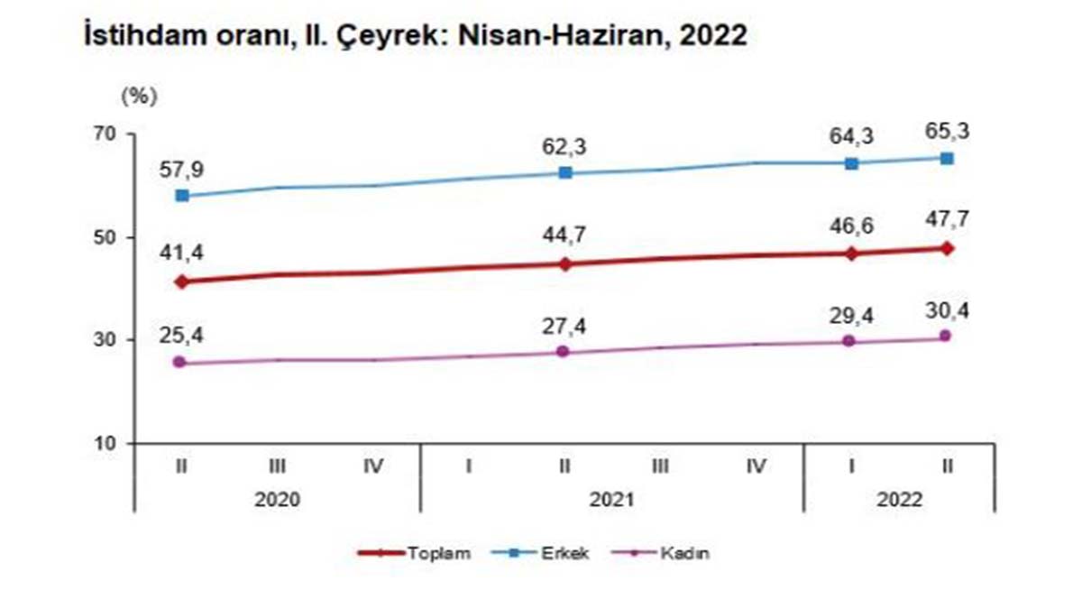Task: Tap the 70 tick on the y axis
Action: click(107, 134)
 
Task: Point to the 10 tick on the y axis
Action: click(108, 443)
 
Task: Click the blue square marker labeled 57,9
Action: click(182, 195)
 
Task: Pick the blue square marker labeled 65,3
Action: click(946, 158)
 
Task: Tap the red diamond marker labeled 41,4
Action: click(182, 281)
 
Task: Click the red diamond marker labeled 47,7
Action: click(946, 248)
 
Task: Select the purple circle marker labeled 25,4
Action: click(181, 362)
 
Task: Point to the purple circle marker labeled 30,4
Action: click(946, 336)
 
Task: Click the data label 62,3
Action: click(564, 145)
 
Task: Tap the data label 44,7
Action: click(564, 236)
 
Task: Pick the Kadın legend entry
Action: click(683, 554)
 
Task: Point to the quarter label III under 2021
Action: click(660, 466)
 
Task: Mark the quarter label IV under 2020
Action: click(373, 466)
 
